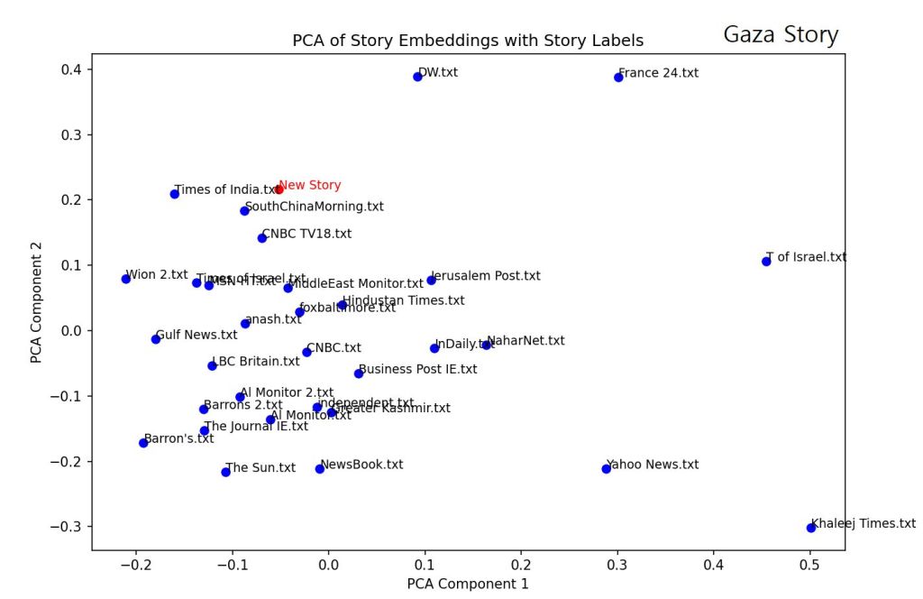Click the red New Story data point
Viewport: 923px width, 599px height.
pos(279,189)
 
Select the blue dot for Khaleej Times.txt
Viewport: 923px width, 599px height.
pos(810,528)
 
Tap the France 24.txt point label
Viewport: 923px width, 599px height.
pos(658,73)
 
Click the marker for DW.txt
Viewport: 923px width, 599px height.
pos(417,77)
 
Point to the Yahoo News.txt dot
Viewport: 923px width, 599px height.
pos(606,468)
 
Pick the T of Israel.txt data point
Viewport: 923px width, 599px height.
pos(766,262)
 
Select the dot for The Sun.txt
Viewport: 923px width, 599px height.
pos(225,472)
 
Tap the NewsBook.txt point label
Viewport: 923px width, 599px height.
pos(361,465)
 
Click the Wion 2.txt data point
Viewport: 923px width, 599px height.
pos(126,279)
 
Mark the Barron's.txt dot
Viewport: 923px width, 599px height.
pos(143,443)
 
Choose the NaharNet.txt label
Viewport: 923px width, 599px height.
pos(525,341)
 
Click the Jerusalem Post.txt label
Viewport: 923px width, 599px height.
pos(486,276)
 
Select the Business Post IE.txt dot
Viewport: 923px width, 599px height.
pos(359,373)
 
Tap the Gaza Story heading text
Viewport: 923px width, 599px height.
pos(781,35)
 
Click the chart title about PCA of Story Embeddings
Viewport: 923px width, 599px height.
pos(468,41)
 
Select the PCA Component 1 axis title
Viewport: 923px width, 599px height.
pos(468,584)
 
